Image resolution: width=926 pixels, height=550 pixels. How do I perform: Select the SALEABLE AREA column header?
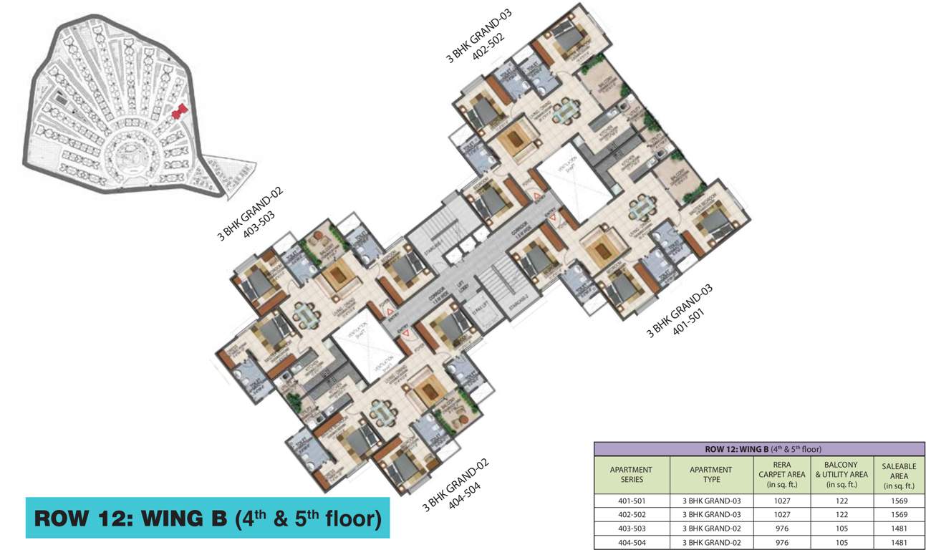(899, 476)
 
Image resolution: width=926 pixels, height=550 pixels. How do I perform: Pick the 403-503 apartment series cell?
(631, 529)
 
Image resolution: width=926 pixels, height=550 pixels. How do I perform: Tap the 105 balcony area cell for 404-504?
(841, 542)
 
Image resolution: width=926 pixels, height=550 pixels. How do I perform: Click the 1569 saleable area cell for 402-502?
(899, 515)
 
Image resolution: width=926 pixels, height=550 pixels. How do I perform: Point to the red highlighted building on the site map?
(180, 111)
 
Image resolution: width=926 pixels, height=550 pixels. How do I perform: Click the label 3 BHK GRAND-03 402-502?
(476, 42)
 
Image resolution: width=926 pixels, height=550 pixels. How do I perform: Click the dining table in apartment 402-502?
(567, 109)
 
